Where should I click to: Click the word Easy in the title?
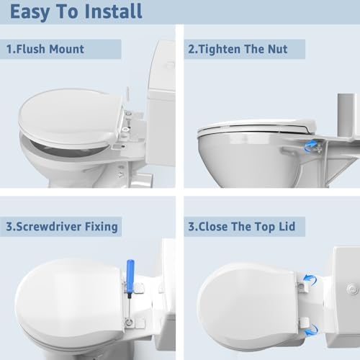click(30, 12)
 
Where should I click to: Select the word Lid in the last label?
click(285, 227)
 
